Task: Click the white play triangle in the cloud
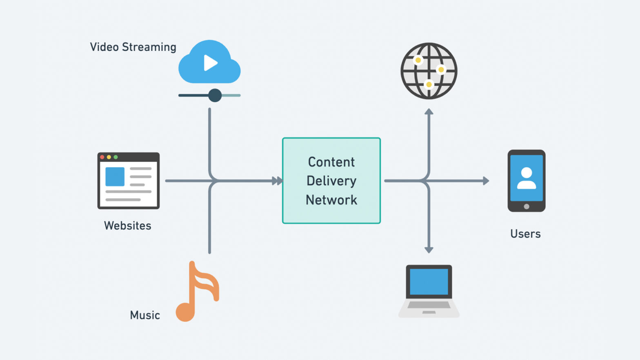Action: [x=210, y=63]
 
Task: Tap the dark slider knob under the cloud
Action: [x=215, y=96]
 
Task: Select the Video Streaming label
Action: [x=133, y=47]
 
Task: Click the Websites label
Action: [x=127, y=226]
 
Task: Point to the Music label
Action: [x=145, y=315]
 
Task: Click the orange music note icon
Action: [x=196, y=291]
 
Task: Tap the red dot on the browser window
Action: [x=102, y=157]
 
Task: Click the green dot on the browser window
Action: [x=116, y=157]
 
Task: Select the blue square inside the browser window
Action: [x=115, y=176]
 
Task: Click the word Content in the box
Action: [x=331, y=162]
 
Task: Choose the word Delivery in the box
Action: [x=331, y=181]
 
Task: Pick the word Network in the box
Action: [x=331, y=200]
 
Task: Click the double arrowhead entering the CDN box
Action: [x=277, y=181]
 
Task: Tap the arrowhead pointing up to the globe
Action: [x=429, y=111]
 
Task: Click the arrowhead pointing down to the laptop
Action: [x=429, y=250]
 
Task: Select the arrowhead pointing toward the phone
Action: [x=486, y=181]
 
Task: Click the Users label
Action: [x=525, y=234]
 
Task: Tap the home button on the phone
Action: [x=527, y=207]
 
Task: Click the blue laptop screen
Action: [x=429, y=282]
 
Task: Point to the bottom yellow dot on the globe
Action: [x=429, y=84]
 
